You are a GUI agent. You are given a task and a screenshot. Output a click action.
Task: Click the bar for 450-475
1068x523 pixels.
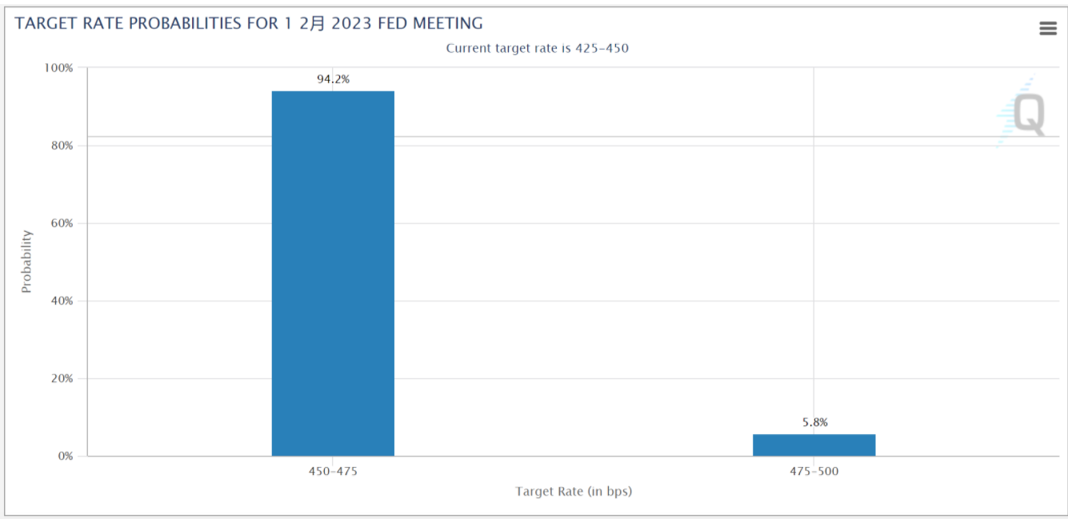pos(333,273)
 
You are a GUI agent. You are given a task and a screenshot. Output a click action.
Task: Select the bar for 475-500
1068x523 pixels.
pos(814,445)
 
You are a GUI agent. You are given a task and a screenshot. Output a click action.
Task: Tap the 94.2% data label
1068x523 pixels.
pos(333,79)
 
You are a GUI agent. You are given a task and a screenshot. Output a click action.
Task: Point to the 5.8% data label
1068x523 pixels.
pos(814,422)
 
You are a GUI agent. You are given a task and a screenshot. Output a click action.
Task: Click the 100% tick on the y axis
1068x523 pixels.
pos(57,68)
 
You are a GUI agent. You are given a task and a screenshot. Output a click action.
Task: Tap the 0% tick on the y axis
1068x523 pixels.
pos(63,456)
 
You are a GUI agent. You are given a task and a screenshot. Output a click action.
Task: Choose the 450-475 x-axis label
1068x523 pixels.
pos(333,472)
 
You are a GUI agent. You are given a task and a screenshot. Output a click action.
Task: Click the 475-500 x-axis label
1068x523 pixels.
pos(814,472)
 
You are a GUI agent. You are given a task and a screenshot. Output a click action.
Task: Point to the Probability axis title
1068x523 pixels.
pos(26,261)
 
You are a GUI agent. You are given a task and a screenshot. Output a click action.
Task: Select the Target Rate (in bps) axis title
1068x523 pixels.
pos(574,491)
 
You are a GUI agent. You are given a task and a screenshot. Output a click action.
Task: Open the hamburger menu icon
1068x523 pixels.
pos(1047,29)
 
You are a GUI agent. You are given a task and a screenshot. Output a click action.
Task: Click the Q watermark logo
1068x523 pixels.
pos(1027,115)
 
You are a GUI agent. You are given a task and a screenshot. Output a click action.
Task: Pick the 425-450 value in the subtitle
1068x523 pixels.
pos(602,48)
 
